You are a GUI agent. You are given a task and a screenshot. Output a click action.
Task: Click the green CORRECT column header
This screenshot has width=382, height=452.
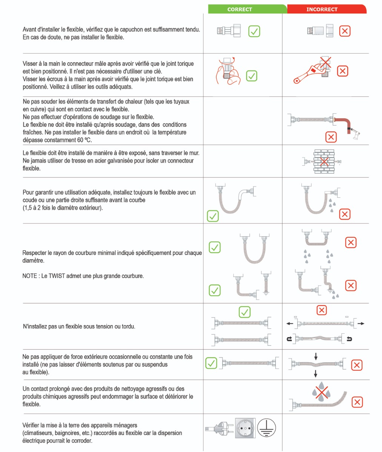[240, 9]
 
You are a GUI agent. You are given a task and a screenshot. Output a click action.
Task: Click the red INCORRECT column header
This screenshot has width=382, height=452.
[322, 9]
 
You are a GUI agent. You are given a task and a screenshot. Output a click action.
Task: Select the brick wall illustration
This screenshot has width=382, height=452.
[324, 162]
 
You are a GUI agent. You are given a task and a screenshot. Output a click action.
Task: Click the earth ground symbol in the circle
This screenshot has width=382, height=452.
[267, 428]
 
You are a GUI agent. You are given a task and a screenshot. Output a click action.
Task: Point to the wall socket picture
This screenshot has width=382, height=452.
[245, 428]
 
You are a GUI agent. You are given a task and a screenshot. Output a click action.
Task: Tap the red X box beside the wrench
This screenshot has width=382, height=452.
[342, 71]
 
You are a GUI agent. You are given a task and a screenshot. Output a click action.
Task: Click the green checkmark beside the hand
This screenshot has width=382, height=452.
[252, 76]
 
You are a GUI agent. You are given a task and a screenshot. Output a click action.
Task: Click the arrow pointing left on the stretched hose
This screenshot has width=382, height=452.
[290, 324]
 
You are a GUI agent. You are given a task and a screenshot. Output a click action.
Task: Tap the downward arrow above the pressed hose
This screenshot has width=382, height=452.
[316, 356]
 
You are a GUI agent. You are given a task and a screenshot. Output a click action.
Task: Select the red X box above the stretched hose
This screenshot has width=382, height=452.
[321, 310]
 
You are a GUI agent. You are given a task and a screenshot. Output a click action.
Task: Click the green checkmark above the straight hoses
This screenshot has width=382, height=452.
[245, 312]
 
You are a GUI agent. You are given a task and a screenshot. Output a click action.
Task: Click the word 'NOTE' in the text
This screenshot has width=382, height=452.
[30, 276]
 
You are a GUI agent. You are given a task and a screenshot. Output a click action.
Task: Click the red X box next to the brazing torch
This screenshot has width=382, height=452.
[331, 137]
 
